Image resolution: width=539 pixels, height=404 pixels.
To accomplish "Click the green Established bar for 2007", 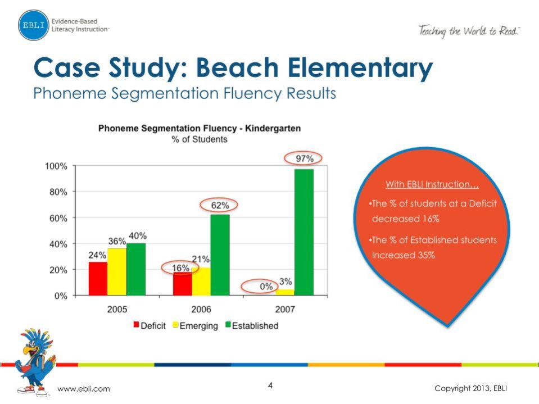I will [x=304, y=231].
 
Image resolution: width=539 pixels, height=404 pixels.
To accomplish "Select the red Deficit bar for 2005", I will [x=98, y=278].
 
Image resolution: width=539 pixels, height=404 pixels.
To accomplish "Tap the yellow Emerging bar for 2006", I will [x=201, y=281].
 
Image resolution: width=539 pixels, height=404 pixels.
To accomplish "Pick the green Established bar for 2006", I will [x=220, y=255].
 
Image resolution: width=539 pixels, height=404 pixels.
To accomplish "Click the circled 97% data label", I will [x=305, y=159].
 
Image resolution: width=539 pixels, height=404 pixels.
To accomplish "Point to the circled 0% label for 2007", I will [x=266, y=287].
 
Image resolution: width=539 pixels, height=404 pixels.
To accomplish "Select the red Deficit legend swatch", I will [x=135, y=325].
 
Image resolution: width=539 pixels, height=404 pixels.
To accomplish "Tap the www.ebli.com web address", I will [x=84, y=389].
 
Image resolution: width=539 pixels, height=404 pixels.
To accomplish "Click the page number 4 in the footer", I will [x=270, y=386].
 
